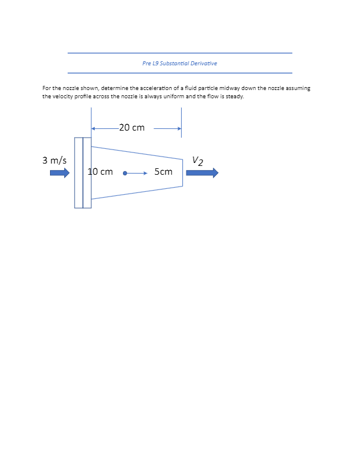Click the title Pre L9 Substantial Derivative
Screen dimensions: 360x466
[x=179, y=63]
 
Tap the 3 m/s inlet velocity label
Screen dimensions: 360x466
[x=54, y=160]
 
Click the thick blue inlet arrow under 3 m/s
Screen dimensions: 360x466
[x=59, y=173]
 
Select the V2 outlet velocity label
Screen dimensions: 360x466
[x=198, y=161]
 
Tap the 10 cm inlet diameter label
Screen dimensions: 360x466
[x=101, y=172]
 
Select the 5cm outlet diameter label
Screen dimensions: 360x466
[x=164, y=172]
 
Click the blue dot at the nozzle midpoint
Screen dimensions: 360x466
[x=125, y=174]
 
